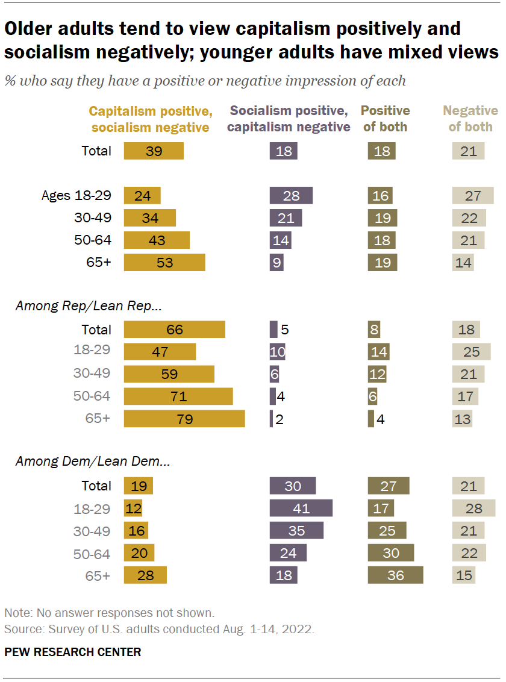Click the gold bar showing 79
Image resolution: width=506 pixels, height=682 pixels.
click(x=184, y=419)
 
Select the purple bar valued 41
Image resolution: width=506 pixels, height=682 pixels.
click(x=301, y=508)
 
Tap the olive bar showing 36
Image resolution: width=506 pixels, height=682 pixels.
click(x=395, y=575)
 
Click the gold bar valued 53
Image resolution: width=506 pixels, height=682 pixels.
click(x=164, y=262)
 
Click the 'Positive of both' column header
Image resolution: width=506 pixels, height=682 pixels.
click(x=385, y=119)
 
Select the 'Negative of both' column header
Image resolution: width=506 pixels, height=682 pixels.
click(x=470, y=119)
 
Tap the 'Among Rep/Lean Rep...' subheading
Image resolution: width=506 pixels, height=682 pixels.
click(x=89, y=307)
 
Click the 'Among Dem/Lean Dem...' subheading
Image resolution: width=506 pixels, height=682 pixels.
click(x=92, y=463)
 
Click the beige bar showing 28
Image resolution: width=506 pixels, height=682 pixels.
click(x=473, y=508)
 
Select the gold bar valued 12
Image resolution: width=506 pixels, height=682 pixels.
click(x=133, y=508)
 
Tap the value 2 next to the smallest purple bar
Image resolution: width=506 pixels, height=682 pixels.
click(x=279, y=419)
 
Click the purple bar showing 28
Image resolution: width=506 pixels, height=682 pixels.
click(x=291, y=195)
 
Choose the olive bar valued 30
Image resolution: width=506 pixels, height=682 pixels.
click(x=390, y=552)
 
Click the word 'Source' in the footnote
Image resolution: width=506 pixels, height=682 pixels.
click(x=20, y=629)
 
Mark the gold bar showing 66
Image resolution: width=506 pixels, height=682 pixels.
click(x=174, y=330)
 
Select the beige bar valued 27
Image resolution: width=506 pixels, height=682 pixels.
click(x=473, y=195)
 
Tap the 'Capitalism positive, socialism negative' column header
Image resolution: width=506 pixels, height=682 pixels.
click(x=150, y=119)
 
